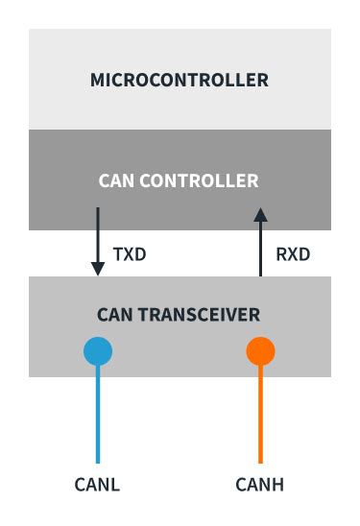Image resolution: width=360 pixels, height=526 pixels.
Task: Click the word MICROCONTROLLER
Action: pos(180,80)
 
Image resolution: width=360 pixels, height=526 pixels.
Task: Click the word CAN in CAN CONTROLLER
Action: pos(116,180)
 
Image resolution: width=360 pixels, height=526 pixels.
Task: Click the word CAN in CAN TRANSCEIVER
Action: pos(114,315)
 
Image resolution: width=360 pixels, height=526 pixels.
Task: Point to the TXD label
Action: pos(130,257)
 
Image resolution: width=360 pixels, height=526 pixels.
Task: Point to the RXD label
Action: pos(292,257)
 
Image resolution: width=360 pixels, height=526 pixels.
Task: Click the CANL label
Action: pos(97,484)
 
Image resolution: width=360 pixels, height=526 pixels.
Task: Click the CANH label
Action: pos(259,484)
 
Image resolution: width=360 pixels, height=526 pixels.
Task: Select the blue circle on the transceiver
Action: pos(98,351)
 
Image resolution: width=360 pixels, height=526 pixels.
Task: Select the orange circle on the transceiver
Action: pos(260,351)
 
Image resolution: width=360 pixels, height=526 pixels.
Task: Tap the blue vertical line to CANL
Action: pos(98,413)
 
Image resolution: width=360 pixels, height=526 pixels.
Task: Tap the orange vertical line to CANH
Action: pos(260,413)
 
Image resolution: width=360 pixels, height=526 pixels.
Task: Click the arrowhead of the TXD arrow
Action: pos(98,270)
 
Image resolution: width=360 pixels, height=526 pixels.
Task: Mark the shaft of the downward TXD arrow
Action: pos(98,235)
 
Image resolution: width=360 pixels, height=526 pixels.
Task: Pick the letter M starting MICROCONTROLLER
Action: pos(97,80)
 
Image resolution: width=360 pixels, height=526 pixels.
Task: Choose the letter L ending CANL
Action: pos(115,484)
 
